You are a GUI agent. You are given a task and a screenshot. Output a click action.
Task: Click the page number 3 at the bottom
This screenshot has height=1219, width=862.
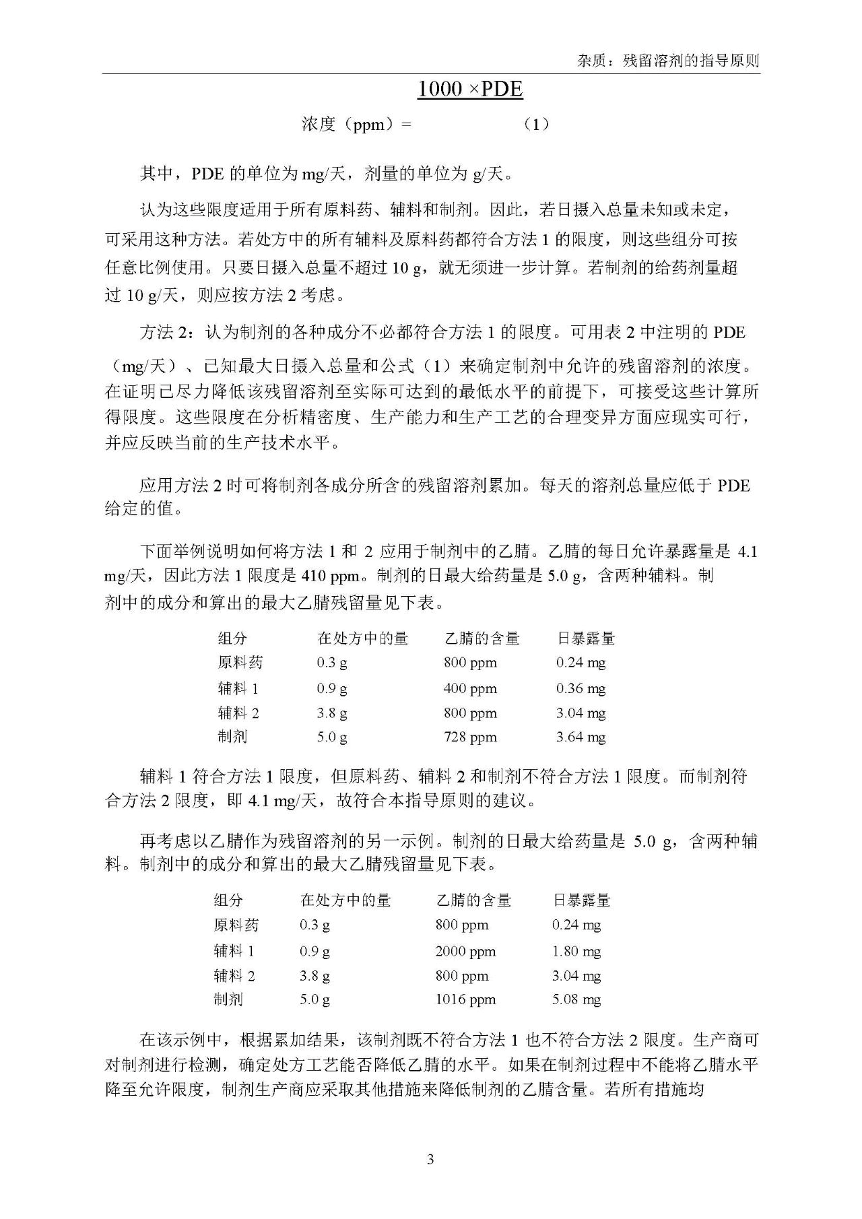[430, 1159]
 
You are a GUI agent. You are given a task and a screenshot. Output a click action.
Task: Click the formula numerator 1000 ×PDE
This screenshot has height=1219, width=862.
[470, 89]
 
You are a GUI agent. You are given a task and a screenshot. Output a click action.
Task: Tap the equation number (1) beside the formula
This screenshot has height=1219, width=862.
[536, 125]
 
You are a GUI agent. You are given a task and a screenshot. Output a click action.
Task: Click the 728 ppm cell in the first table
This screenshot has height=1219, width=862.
[470, 737]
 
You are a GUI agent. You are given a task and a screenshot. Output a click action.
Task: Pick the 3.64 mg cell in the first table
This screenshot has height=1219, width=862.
[581, 737]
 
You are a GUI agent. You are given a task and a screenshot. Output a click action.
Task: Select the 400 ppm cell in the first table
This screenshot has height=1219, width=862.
[470, 688]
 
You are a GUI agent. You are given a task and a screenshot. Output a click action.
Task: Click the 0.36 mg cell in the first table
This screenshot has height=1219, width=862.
[581, 688]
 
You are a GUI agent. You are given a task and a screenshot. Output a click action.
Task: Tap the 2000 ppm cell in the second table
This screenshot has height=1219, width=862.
[465, 951]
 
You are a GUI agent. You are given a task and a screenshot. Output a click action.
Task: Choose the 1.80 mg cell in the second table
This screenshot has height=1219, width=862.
[576, 951]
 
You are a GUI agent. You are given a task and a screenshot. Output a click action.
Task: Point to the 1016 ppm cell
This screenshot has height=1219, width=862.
[465, 999]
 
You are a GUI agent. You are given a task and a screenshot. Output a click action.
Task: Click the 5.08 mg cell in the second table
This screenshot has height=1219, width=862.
[576, 999]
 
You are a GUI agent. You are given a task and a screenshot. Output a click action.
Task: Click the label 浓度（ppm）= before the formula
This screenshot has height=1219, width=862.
[356, 125]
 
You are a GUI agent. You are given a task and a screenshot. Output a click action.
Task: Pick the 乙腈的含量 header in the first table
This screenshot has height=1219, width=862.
[482, 638]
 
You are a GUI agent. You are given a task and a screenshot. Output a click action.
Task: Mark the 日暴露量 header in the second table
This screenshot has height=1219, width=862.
[581, 900]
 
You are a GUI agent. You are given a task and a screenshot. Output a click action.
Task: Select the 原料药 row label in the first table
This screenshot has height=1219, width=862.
[240, 663]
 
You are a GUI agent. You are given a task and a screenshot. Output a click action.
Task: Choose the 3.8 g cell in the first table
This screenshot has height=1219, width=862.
[332, 713]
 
